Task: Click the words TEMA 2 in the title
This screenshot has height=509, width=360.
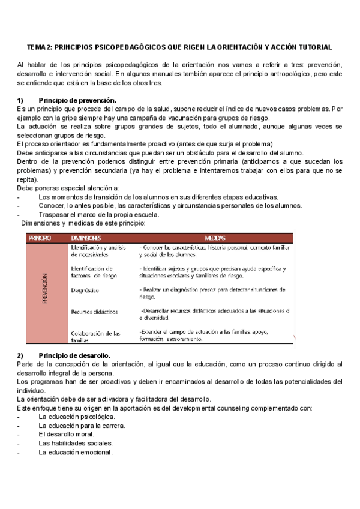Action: tap(40, 47)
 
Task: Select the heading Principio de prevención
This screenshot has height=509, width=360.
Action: tap(77, 100)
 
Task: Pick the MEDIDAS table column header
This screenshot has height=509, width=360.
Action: tap(214, 238)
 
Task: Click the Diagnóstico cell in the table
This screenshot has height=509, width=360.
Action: tap(85, 290)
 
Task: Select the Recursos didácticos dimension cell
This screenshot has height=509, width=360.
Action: tap(94, 312)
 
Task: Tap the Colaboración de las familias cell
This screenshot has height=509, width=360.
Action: tap(95, 336)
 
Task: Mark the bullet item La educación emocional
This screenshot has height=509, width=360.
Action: tap(75, 452)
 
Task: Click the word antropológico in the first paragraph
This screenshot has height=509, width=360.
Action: tap(284, 74)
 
